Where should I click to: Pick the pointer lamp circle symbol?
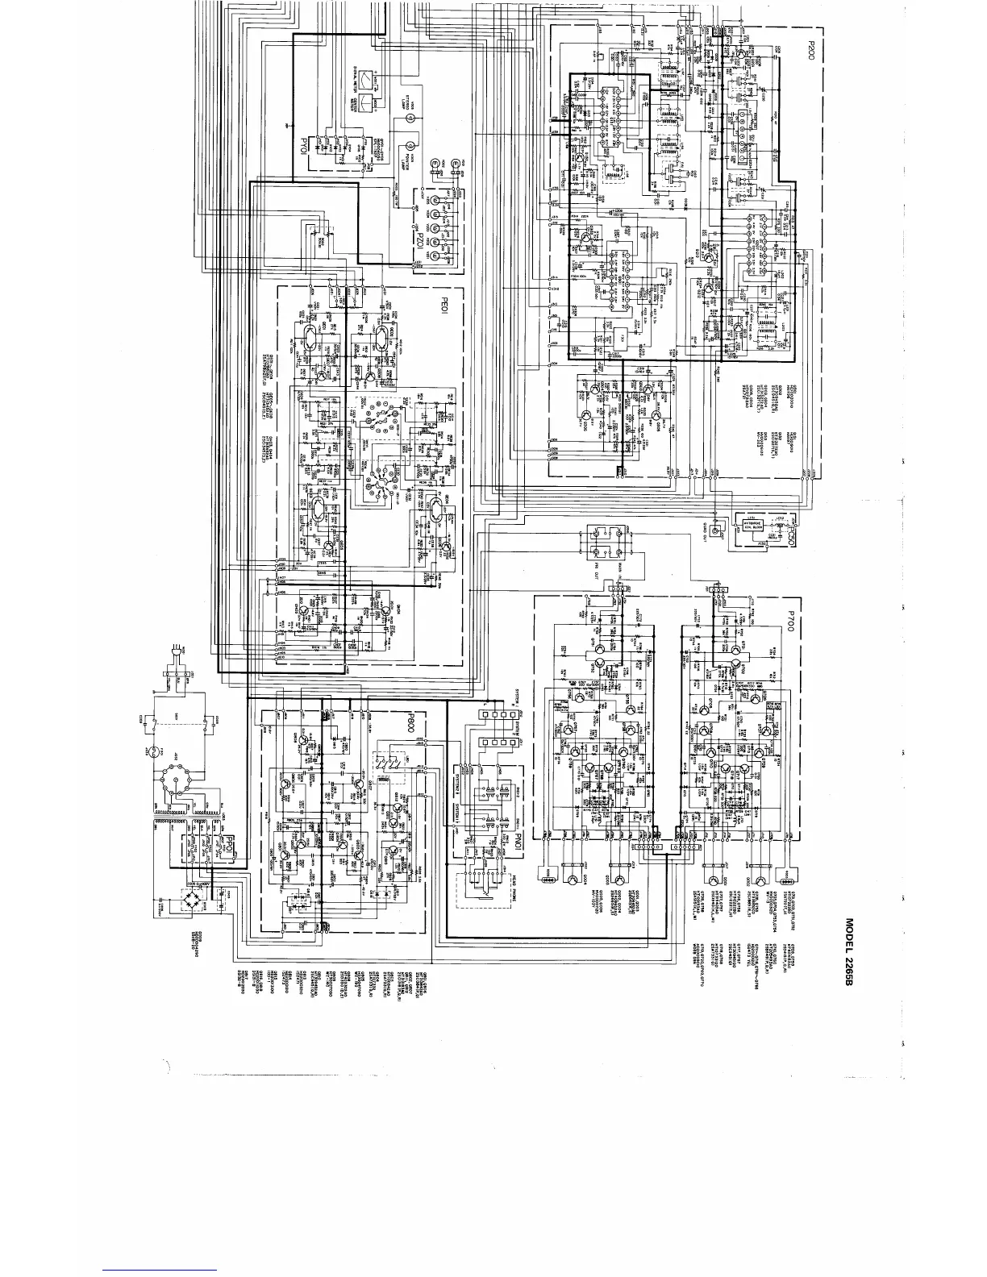point(410,146)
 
